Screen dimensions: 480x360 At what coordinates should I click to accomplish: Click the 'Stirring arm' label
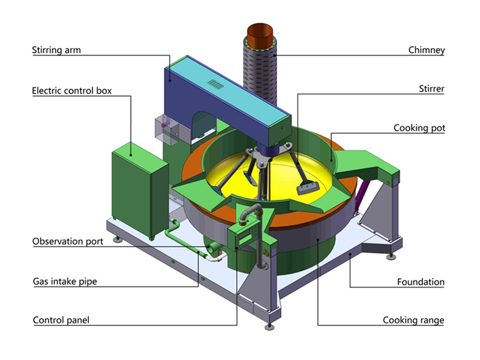point(56,50)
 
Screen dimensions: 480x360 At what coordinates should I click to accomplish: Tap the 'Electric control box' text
point(72,91)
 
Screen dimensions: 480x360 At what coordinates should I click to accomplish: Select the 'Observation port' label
point(68,241)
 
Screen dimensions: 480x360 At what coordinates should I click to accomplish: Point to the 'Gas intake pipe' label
point(65,281)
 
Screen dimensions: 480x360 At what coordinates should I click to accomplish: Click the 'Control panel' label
point(61,320)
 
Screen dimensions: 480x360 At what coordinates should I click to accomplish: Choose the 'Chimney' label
point(426,50)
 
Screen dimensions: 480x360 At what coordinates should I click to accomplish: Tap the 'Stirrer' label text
point(431,89)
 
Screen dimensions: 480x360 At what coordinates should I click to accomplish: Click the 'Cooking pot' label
point(419,127)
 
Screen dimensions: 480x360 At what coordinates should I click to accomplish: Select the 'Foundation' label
point(420,282)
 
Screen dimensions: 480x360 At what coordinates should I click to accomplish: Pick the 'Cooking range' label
point(413,320)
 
